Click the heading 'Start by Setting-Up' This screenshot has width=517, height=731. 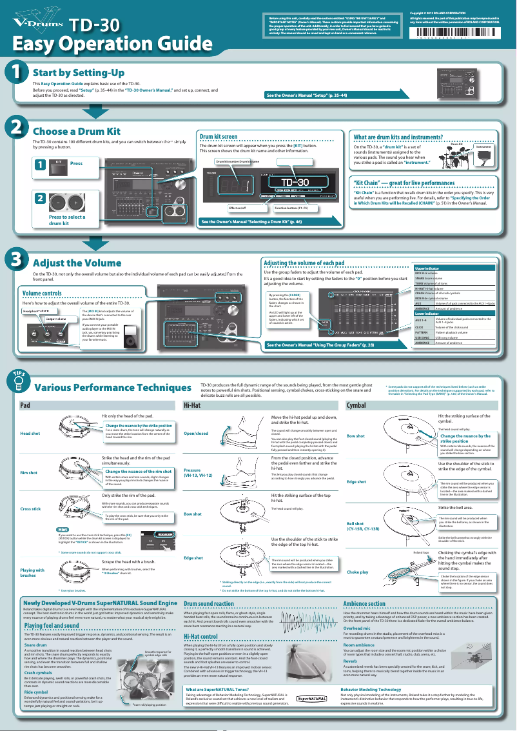(79, 73)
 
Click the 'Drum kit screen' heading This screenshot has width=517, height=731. (219, 137)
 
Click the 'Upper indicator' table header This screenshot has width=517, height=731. (427, 267)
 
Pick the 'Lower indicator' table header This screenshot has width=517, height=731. (427, 313)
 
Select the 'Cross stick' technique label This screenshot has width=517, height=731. (31, 509)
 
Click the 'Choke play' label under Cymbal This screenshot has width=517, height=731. (358, 572)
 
